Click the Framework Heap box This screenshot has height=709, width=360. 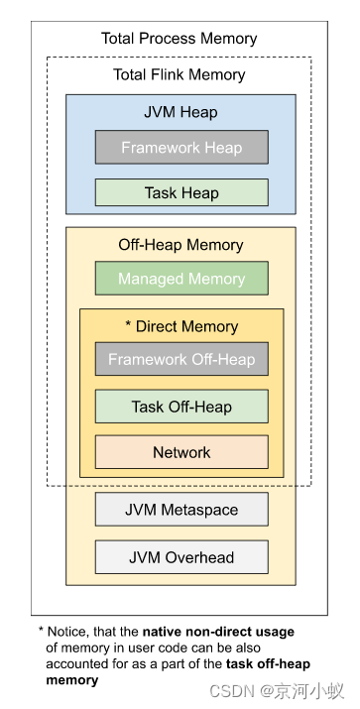click(181, 148)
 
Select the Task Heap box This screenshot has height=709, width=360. click(181, 192)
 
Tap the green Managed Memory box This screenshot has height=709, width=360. click(181, 279)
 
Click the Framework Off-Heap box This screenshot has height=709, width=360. click(181, 359)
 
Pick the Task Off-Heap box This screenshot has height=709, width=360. click(181, 407)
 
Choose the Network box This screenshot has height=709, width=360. click(181, 452)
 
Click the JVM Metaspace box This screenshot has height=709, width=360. click(181, 510)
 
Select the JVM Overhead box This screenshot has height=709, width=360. click(181, 557)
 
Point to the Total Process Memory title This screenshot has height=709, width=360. click(180, 39)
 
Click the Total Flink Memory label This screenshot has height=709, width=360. click(180, 74)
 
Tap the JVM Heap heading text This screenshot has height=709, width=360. click(180, 112)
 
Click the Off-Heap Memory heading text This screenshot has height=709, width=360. click(180, 245)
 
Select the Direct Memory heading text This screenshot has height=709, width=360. click(187, 326)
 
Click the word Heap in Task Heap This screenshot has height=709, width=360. click(200, 192)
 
